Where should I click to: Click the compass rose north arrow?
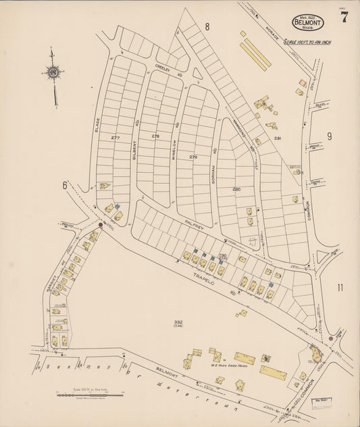coord(53,73)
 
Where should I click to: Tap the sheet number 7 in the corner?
coord(344,18)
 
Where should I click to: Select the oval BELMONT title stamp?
coord(307,22)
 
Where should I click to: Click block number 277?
coord(115,137)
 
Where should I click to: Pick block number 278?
coord(156,136)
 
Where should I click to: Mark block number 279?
coord(193,157)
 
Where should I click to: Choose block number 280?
coord(236,189)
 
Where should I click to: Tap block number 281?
coord(277,138)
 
